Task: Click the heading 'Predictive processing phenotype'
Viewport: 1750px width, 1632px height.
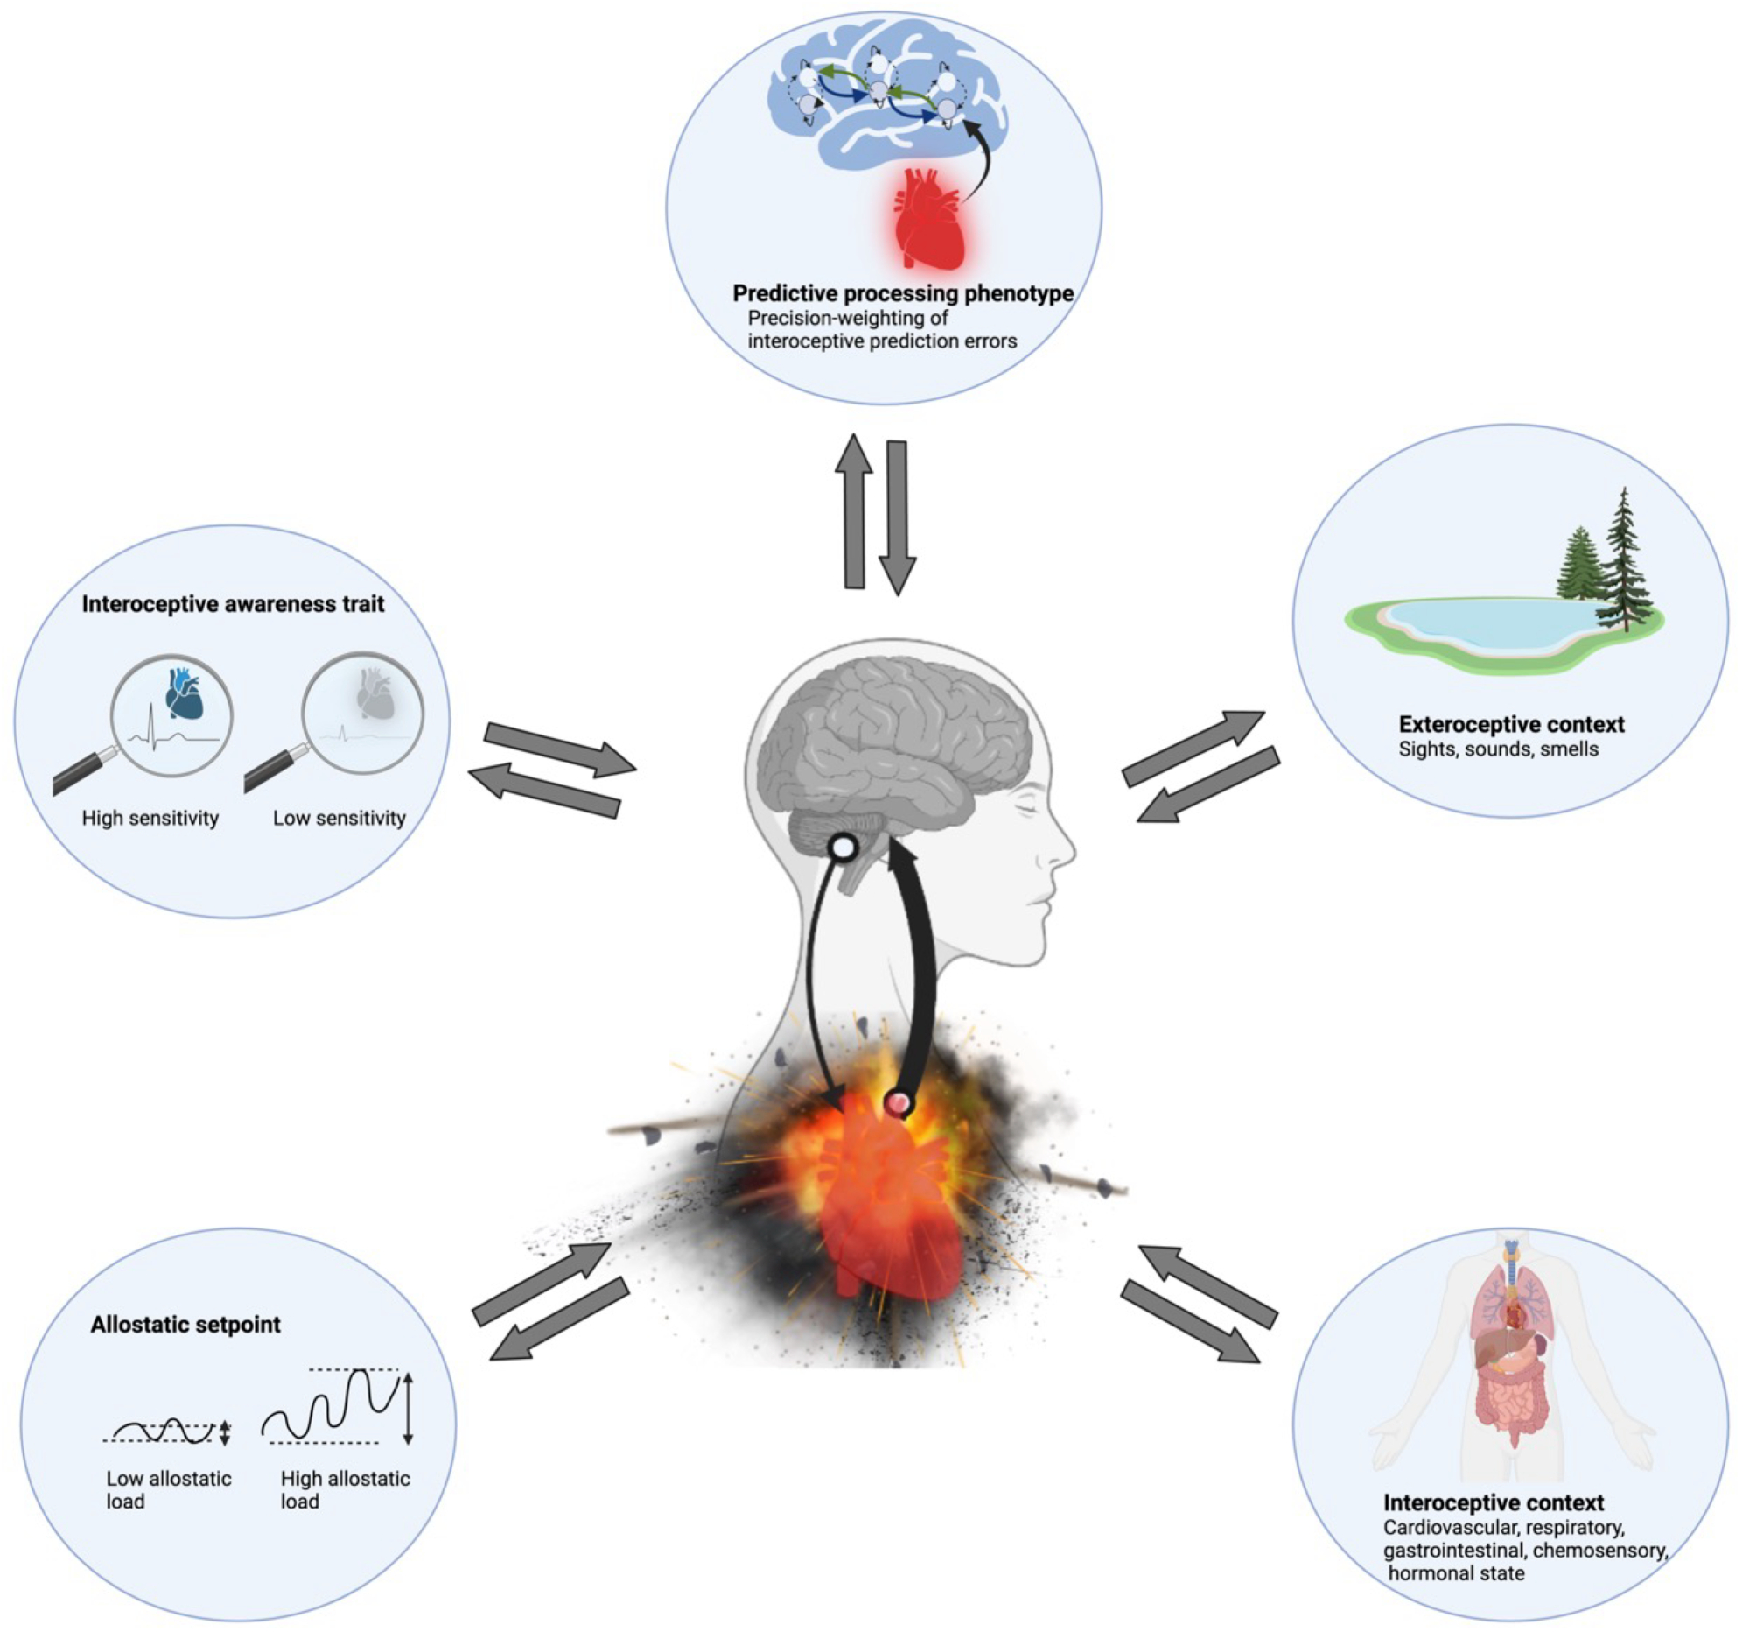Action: click(902, 293)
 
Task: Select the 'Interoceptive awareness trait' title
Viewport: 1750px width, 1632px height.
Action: click(234, 604)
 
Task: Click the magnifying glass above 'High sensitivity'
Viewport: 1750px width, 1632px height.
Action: click(171, 716)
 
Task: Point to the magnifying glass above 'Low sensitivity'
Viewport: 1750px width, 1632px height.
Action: click(361, 714)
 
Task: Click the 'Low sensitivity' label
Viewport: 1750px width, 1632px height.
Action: click(339, 819)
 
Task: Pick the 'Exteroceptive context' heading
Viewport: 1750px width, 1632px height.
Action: click(1511, 725)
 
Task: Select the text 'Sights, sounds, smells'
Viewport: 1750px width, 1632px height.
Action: click(1498, 749)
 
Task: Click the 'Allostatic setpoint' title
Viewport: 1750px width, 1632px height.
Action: click(185, 1325)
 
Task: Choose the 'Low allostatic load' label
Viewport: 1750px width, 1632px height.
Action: click(168, 1489)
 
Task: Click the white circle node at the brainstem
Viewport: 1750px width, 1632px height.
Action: click(843, 848)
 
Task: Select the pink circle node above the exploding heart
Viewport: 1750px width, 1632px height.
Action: click(899, 1102)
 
